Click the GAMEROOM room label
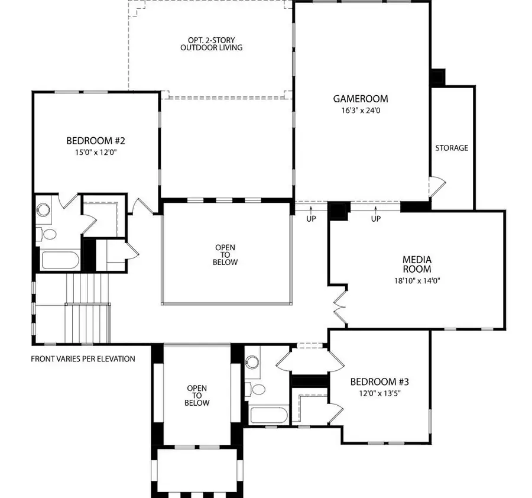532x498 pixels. [x=360, y=99]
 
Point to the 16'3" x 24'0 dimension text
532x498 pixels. [x=360, y=110]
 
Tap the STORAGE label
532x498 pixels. [x=452, y=148]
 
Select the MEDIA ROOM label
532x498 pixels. [x=417, y=264]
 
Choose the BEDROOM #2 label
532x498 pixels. [x=95, y=141]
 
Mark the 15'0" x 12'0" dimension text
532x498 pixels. [x=95, y=152]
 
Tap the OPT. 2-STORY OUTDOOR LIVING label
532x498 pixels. [x=211, y=44]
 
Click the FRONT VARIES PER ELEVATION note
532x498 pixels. [x=83, y=358]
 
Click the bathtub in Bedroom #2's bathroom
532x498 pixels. [x=59, y=261]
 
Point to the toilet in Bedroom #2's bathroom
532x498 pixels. [x=49, y=235]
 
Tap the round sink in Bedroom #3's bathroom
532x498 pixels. [x=253, y=362]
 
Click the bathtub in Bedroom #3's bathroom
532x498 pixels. [x=269, y=414]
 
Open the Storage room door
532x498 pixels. [x=436, y=187]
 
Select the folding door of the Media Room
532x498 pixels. [x=339, y=303]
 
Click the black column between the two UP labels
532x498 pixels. [x=339, y=210]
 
